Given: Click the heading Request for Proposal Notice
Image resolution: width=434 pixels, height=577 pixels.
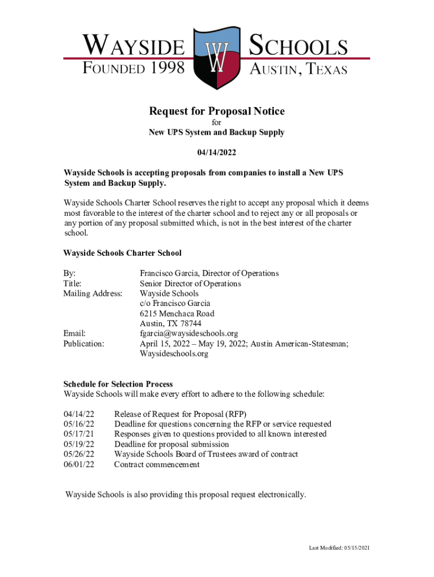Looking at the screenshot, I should [x=216, y=112].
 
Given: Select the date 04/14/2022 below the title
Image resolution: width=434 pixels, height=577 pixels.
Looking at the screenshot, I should [x=216, y=153].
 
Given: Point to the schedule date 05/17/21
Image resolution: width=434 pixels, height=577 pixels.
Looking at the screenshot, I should [x=79, y=434].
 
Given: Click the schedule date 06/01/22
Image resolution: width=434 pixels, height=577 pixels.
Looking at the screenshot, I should [x=79, y=465].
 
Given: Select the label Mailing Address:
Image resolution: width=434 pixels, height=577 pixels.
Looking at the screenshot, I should [x=92, y=294].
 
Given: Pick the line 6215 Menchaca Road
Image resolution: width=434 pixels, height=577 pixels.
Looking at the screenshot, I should [x=177, y=314].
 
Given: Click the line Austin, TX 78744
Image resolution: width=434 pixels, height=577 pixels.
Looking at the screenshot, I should [x=170, y=323].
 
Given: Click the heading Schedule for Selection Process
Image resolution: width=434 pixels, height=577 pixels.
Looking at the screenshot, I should [x=118, y=384].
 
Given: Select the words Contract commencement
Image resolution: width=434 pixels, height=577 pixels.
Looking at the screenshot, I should [x=157, y=465].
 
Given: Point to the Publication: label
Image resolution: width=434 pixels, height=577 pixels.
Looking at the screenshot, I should [x=83, y=343].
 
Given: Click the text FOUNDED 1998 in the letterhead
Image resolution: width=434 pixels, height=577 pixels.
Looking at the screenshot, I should [x=134, y=69].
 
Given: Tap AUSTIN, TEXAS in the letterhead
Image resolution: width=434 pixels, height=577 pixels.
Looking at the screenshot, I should [x=298, y=70].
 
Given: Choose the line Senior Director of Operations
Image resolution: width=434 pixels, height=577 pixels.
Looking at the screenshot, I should [x=190, y=283].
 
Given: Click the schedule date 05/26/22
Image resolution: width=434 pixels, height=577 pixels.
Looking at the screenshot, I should [x=79, y=455].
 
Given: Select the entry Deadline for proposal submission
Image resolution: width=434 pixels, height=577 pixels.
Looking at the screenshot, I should [x=171, y=445].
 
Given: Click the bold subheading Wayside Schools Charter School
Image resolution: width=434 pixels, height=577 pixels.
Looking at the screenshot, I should [x=122, y=254].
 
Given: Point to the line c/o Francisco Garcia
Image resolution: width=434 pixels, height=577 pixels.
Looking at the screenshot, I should [x=175, y=304].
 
